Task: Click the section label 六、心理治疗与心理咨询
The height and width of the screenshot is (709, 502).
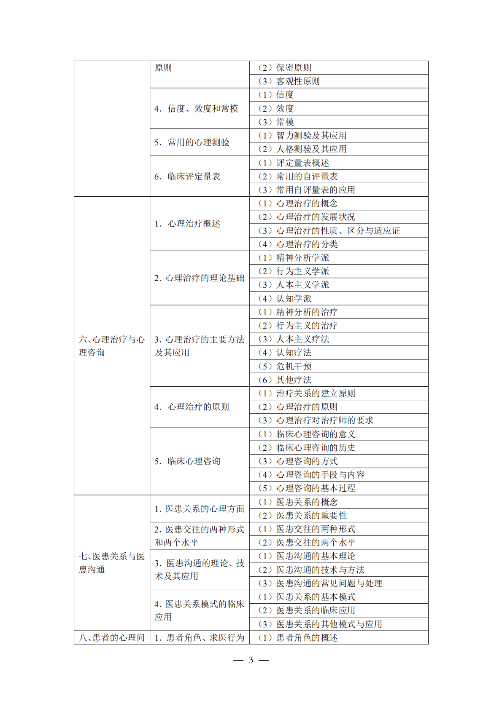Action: point(112,346)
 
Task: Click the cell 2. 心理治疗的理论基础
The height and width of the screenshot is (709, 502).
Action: point(199,278)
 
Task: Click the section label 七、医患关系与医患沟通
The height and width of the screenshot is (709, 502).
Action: point(112,563)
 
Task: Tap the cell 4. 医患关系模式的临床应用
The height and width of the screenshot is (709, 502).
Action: point(199,610)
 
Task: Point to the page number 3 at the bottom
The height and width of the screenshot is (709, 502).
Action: point(251,660)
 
